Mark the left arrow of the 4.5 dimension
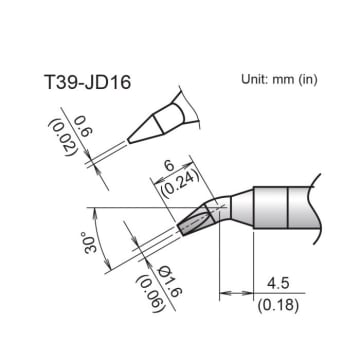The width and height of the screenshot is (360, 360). (x=225, y=293)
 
